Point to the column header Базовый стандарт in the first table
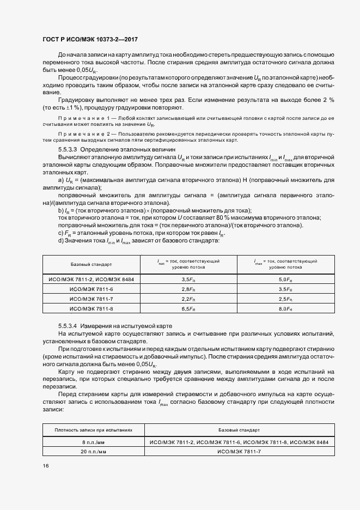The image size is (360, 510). pyautogui.click(x=91, y=264)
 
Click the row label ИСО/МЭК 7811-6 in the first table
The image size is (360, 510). pyautogui.click(x=91, y=289)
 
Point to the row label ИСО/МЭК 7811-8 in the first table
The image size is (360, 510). pyautogui.click(x=91, y=309)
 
